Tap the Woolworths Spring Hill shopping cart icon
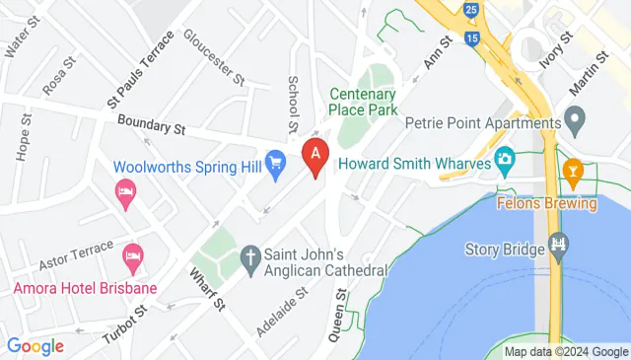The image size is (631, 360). point(277,160)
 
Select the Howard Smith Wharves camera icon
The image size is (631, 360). point(505,159)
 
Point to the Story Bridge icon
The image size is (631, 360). point(560,244)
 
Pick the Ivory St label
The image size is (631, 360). point(555,49)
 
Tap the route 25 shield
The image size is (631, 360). point(472,10)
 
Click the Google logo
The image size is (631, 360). point(35,346)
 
